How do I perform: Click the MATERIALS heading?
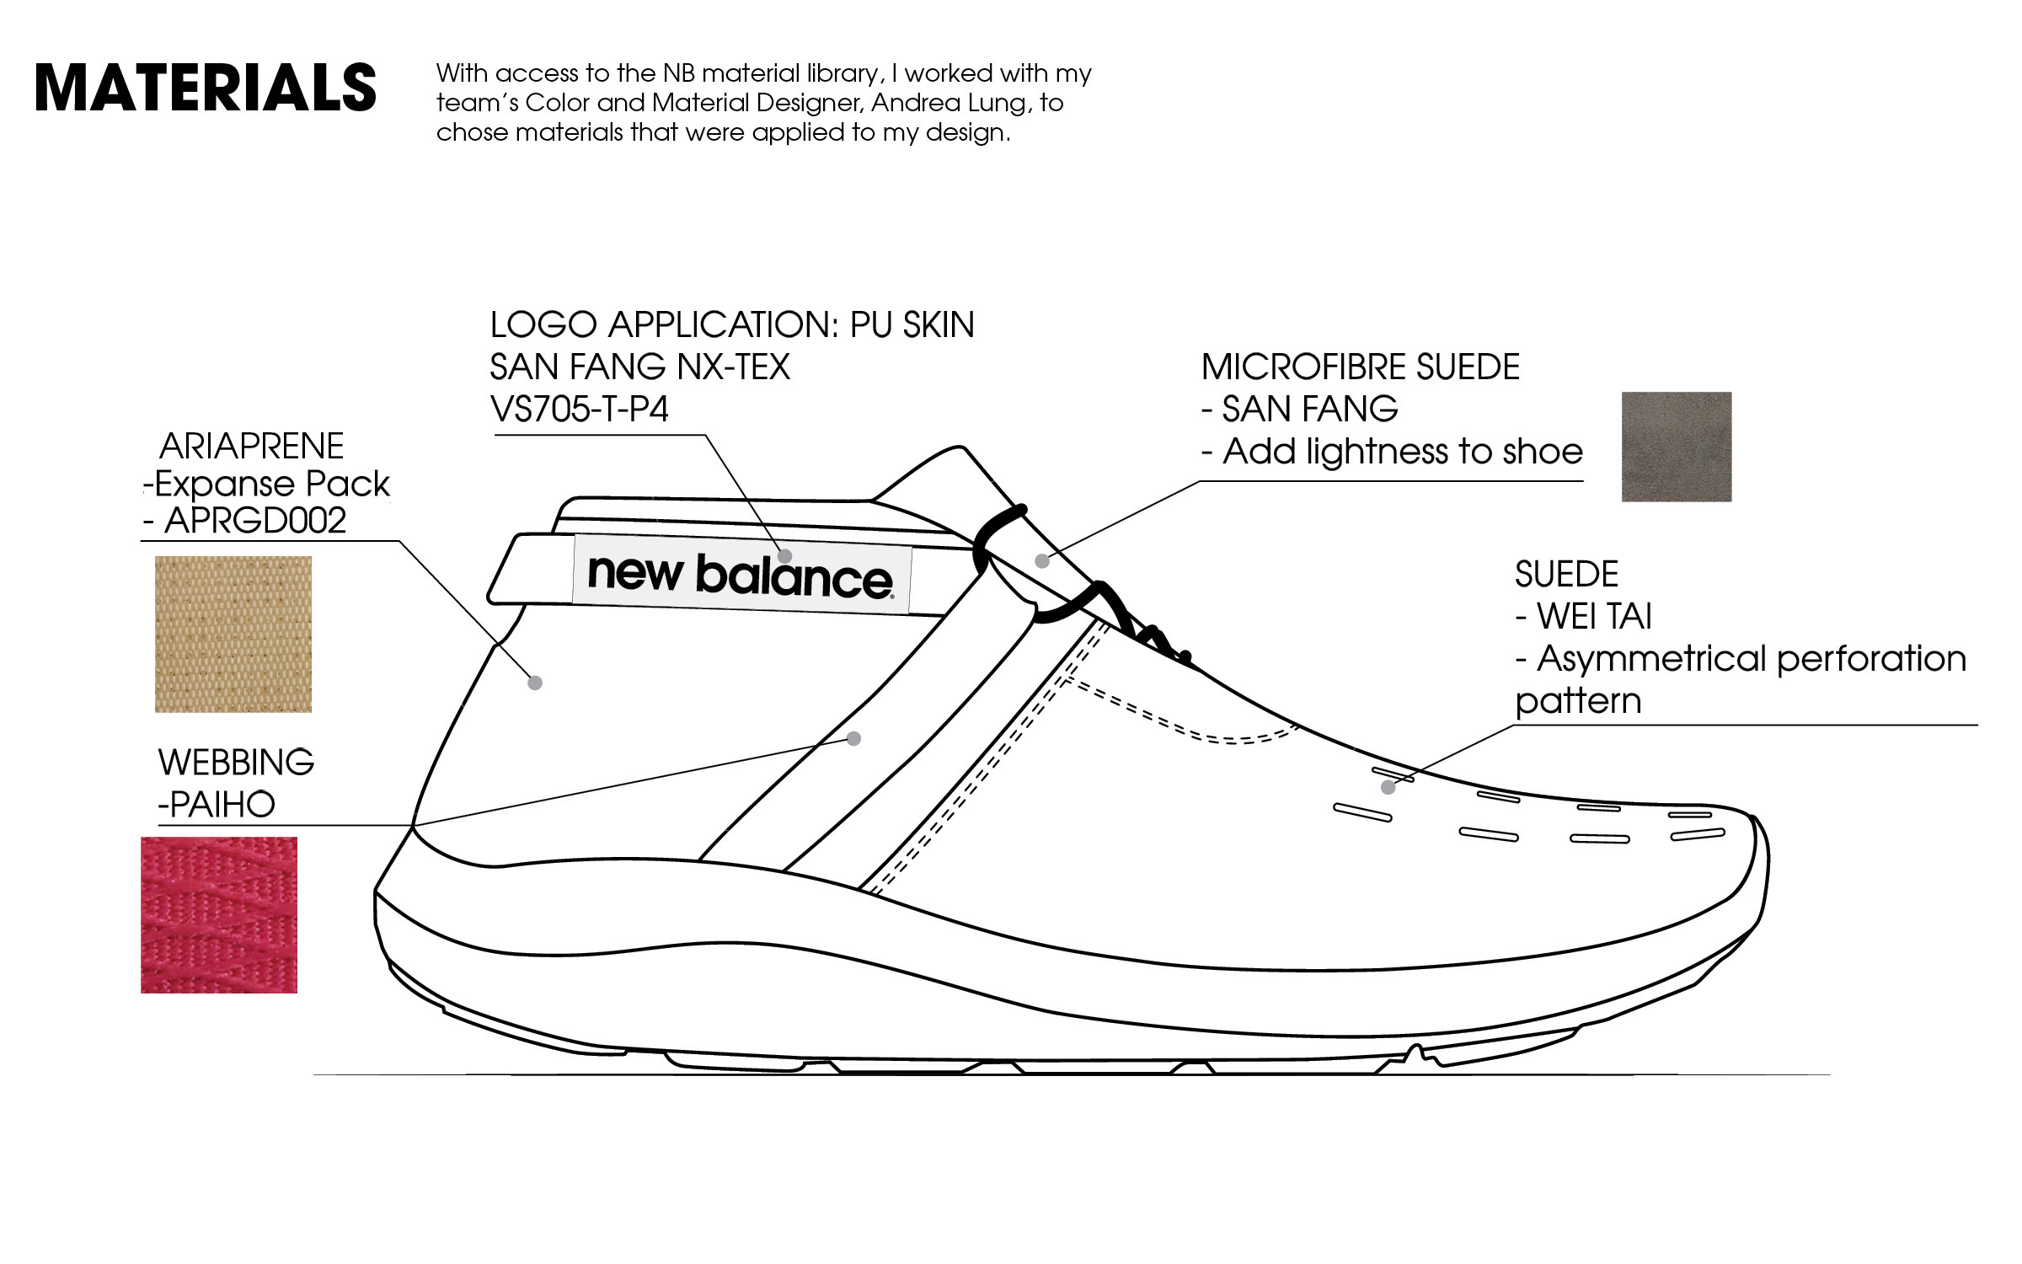(x=205, y=88)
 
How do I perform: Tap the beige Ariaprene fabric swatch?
(x=233, y=634)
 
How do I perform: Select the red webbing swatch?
(x=218, y=914)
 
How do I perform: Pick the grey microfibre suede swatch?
(x=1676, y=447)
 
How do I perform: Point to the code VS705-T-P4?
(x=579, y=410)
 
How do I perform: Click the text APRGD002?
(x=254, y=521)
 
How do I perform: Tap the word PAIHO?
(x=222, y=805)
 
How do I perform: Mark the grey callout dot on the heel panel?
(x=535, y=683)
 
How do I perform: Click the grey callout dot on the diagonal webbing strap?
(x=853, y=738)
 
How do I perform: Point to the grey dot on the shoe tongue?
(x=1042, y=560)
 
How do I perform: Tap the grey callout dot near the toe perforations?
(x=1388, y=787)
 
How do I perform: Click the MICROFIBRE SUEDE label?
(x=1360, y=367)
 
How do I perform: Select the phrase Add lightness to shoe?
(x=1403, y=452)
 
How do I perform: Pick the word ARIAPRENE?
(x=251, y=446)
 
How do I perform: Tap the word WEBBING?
(x=236, y=763)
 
